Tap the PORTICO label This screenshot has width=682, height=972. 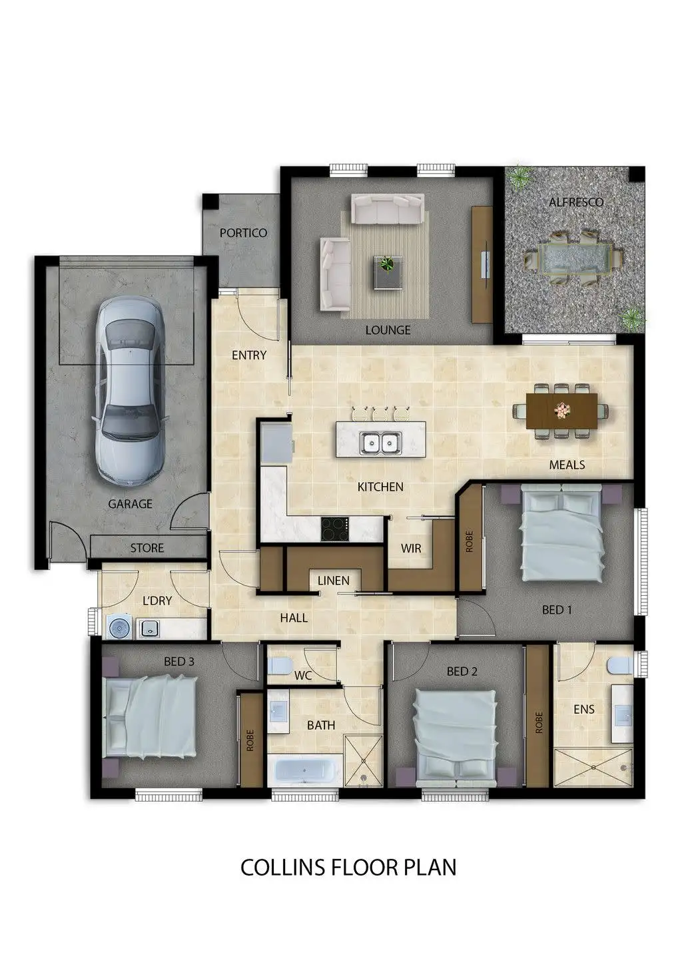point(243,233)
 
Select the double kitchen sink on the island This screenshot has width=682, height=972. point(379,441)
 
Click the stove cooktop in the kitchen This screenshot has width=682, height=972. point(335,529)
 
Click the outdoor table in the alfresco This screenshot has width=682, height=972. point(572,258)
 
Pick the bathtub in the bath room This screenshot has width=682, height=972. point(304,771)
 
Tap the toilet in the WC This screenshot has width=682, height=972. point(280,665)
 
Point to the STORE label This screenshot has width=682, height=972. point(147,548)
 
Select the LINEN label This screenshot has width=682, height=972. point(333,581)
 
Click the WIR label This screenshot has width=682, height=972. point(411,549)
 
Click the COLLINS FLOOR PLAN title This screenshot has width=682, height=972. point(348,867)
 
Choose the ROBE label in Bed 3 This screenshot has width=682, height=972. point(250,740)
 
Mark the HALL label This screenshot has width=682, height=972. point(294,618)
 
